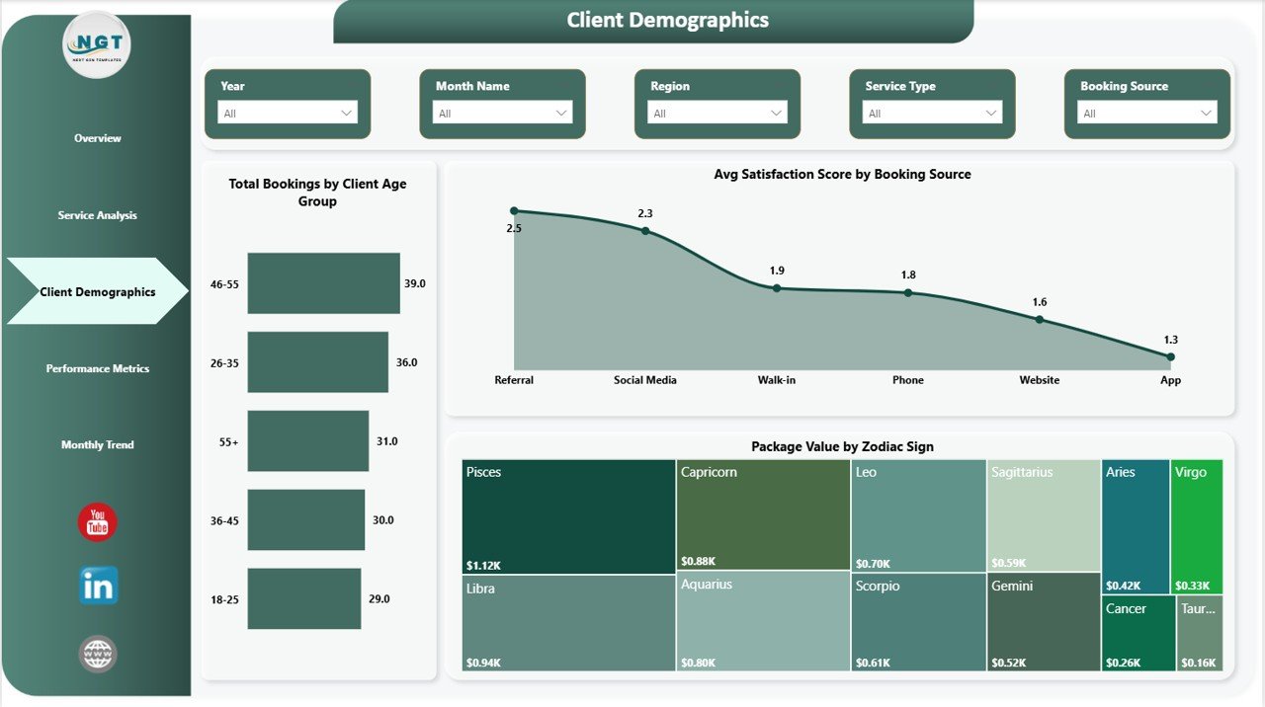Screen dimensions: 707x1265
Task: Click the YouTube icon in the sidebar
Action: [x=97, y=522]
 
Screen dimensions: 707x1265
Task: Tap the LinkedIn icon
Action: [x=98, y=586]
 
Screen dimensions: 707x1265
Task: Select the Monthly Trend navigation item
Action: [x=97, y=445]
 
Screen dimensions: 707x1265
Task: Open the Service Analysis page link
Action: [x=97, y=215]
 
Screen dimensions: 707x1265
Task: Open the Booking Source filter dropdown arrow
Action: [x=1207, y=114]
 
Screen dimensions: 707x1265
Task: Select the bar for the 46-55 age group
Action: [x=323, y=283]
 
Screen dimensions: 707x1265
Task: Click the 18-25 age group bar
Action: [x=303, y=598]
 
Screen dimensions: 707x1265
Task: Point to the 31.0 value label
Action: [x=387, y=441]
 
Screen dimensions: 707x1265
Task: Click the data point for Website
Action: [x=1040, y=319]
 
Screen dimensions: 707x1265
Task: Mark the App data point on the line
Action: [x=1170, y=356]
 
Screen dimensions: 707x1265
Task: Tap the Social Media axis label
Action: [x=645, y=380]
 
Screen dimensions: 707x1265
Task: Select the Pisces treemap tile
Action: [x=568, y=516]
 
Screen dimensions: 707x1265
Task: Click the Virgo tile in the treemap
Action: [x=1196, y=526]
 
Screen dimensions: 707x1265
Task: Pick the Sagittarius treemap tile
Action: [x=1044, y=515]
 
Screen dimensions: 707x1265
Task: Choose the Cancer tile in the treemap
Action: [x=1138, y=633]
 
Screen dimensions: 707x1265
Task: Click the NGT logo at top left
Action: [x=96, y=45]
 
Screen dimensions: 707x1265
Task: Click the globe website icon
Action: [x=98, y=654]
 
